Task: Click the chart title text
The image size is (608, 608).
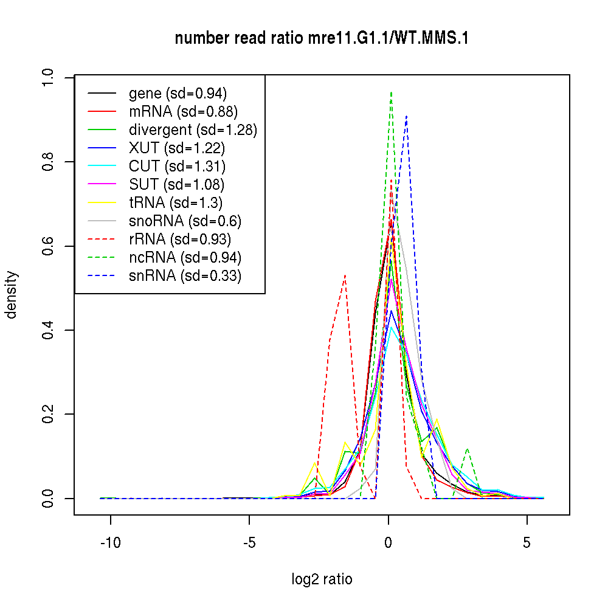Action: (322, 39)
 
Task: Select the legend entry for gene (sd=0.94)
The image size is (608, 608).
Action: (178, 93)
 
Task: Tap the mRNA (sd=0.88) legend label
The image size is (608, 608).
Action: (183, 111)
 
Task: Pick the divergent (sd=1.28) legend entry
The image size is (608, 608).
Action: (193, 130)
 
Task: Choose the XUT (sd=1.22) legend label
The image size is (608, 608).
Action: (177, 148)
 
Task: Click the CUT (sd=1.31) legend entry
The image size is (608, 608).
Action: (177, 166)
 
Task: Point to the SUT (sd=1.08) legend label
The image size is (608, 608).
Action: (177, 184)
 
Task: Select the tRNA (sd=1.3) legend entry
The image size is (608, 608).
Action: (174, 202)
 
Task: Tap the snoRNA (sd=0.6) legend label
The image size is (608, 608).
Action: (185, 221)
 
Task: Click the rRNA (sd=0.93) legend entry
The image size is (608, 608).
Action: (180, 240)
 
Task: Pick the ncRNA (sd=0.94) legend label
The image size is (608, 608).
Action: (185, 258)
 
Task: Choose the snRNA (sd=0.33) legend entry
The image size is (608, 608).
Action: (185, 276)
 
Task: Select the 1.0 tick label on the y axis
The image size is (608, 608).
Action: (49, 77)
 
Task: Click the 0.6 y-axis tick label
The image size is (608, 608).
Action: (49, 246)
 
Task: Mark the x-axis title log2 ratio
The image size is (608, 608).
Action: (322, 579)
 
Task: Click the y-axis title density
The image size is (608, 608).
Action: (12, 295)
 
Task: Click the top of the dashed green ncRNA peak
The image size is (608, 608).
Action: (391, 92)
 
